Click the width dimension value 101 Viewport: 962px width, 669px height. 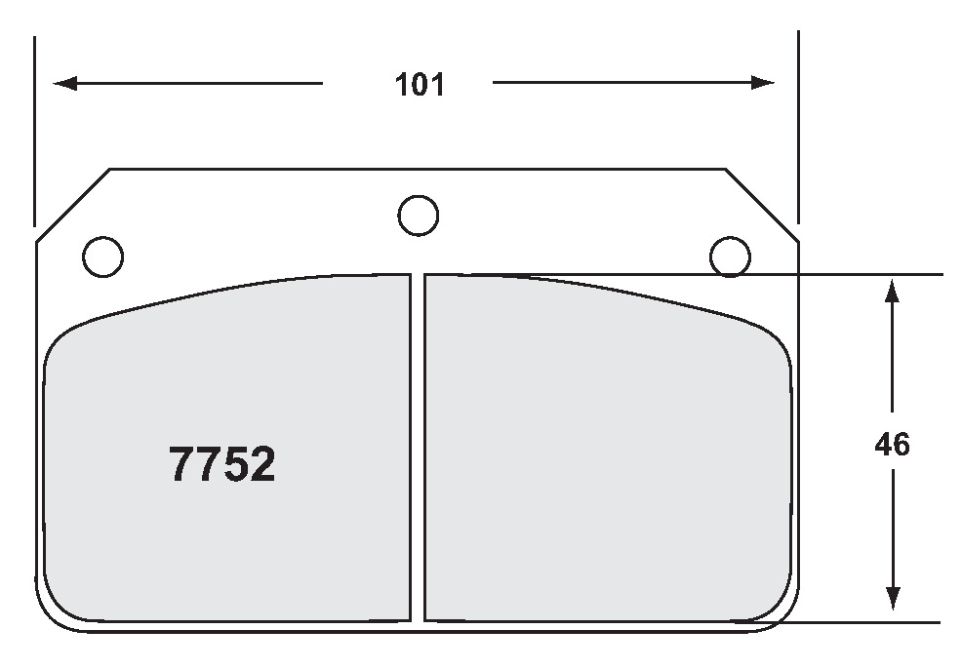click(420, 85)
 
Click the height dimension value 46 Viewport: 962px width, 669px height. click(892, 445)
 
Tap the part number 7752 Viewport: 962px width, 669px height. click(222, 465)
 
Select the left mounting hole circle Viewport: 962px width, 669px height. click(103, 256)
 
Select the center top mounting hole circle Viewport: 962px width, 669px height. click(419, 215)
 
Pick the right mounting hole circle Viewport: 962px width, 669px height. click(730, 256)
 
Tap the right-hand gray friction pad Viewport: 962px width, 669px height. click(605, 449)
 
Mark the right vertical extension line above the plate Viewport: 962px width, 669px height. click(798, 127)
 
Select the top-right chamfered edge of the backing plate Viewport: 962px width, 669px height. click(762, 204)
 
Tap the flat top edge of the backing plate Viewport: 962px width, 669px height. click(293, 169)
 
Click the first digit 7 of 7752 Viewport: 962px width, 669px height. click(182, 465)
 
